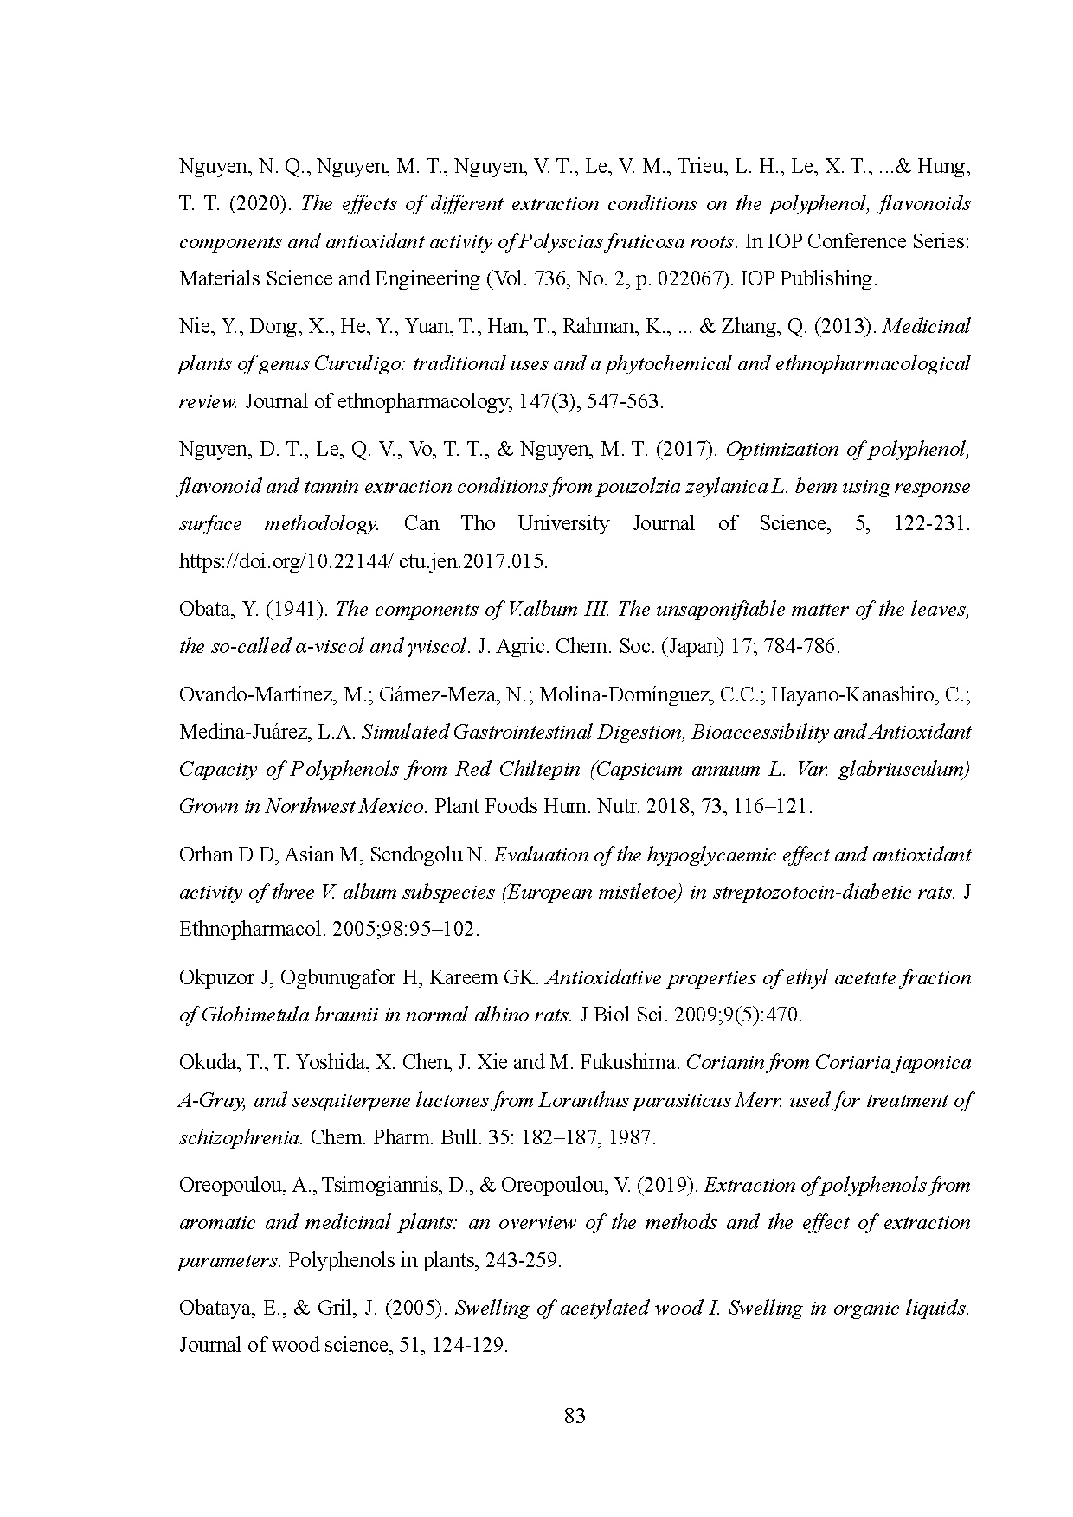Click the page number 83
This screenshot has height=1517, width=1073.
[x=575, y=1416]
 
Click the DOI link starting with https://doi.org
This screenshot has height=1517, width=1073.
[x=363, y=561]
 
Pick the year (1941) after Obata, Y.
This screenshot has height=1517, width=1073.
[x=295, y=609]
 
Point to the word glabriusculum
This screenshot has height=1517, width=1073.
[x=908, y=769]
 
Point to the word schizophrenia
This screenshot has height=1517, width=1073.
[x=240, y=1137]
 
